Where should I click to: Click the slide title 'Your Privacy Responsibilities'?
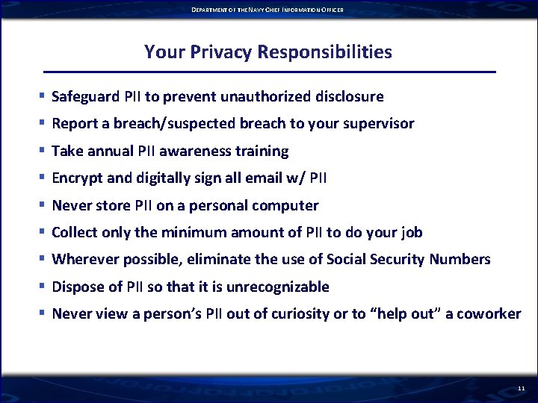tap(268, 51)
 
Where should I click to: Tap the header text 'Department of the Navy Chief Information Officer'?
tap(268, 9)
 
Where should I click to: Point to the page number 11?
tap(521, 389)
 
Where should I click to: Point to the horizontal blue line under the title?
tap(269, 72)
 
